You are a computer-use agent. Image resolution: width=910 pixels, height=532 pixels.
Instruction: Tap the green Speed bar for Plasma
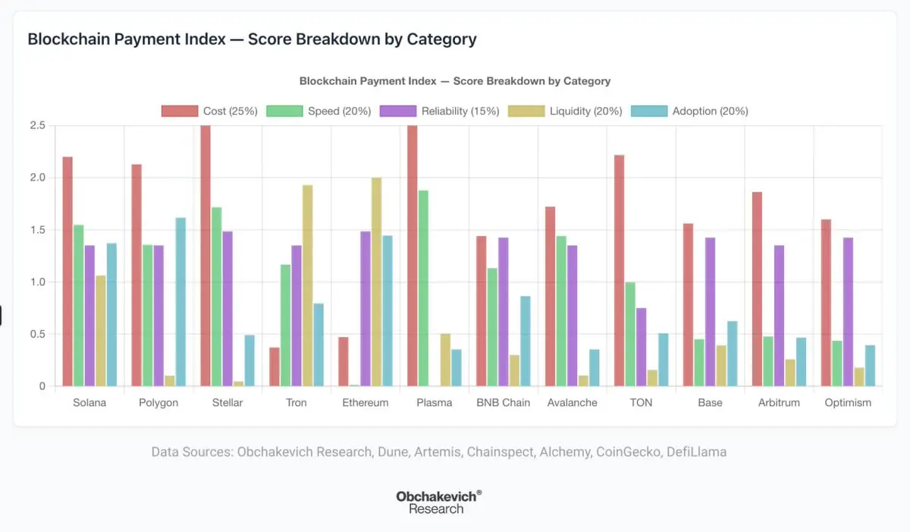pyautogui.click(x=423, y=288)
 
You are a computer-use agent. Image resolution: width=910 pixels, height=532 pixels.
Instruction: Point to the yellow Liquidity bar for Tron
pyautogui.click(x=307, y=285)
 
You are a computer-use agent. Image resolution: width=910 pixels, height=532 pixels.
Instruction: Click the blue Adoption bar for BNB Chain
pyautogui.click(x=526, y=342)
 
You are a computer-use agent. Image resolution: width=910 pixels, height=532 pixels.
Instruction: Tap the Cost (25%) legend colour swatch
pyautogui.click(x=179, y=111)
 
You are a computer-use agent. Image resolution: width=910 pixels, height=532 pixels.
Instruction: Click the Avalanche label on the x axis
pyautogui.click(x=573, y=402)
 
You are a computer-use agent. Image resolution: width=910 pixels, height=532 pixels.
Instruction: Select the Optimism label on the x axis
pyautogui.click(x=848, y=402)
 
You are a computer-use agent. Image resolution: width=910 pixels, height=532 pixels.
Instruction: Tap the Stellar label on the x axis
pyautogui.click(x=227, y=402)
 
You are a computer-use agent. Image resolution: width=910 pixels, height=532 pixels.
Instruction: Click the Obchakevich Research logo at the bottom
pyautogui.click(x=438, y=502)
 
